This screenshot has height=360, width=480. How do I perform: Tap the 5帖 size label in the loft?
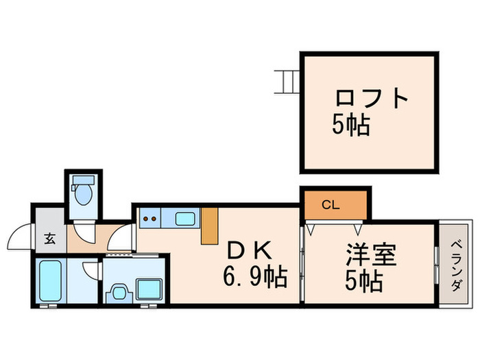point(351,125)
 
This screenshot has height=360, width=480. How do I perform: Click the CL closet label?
point(330,204)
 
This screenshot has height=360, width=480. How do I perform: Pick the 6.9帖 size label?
point(254,278)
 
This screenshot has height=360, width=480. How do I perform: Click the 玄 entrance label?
point(50,239)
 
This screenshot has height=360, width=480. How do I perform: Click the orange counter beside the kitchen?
point(209,226)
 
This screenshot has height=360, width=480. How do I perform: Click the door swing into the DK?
point(123,237)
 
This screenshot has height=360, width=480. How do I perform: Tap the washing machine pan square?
point(149,289)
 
